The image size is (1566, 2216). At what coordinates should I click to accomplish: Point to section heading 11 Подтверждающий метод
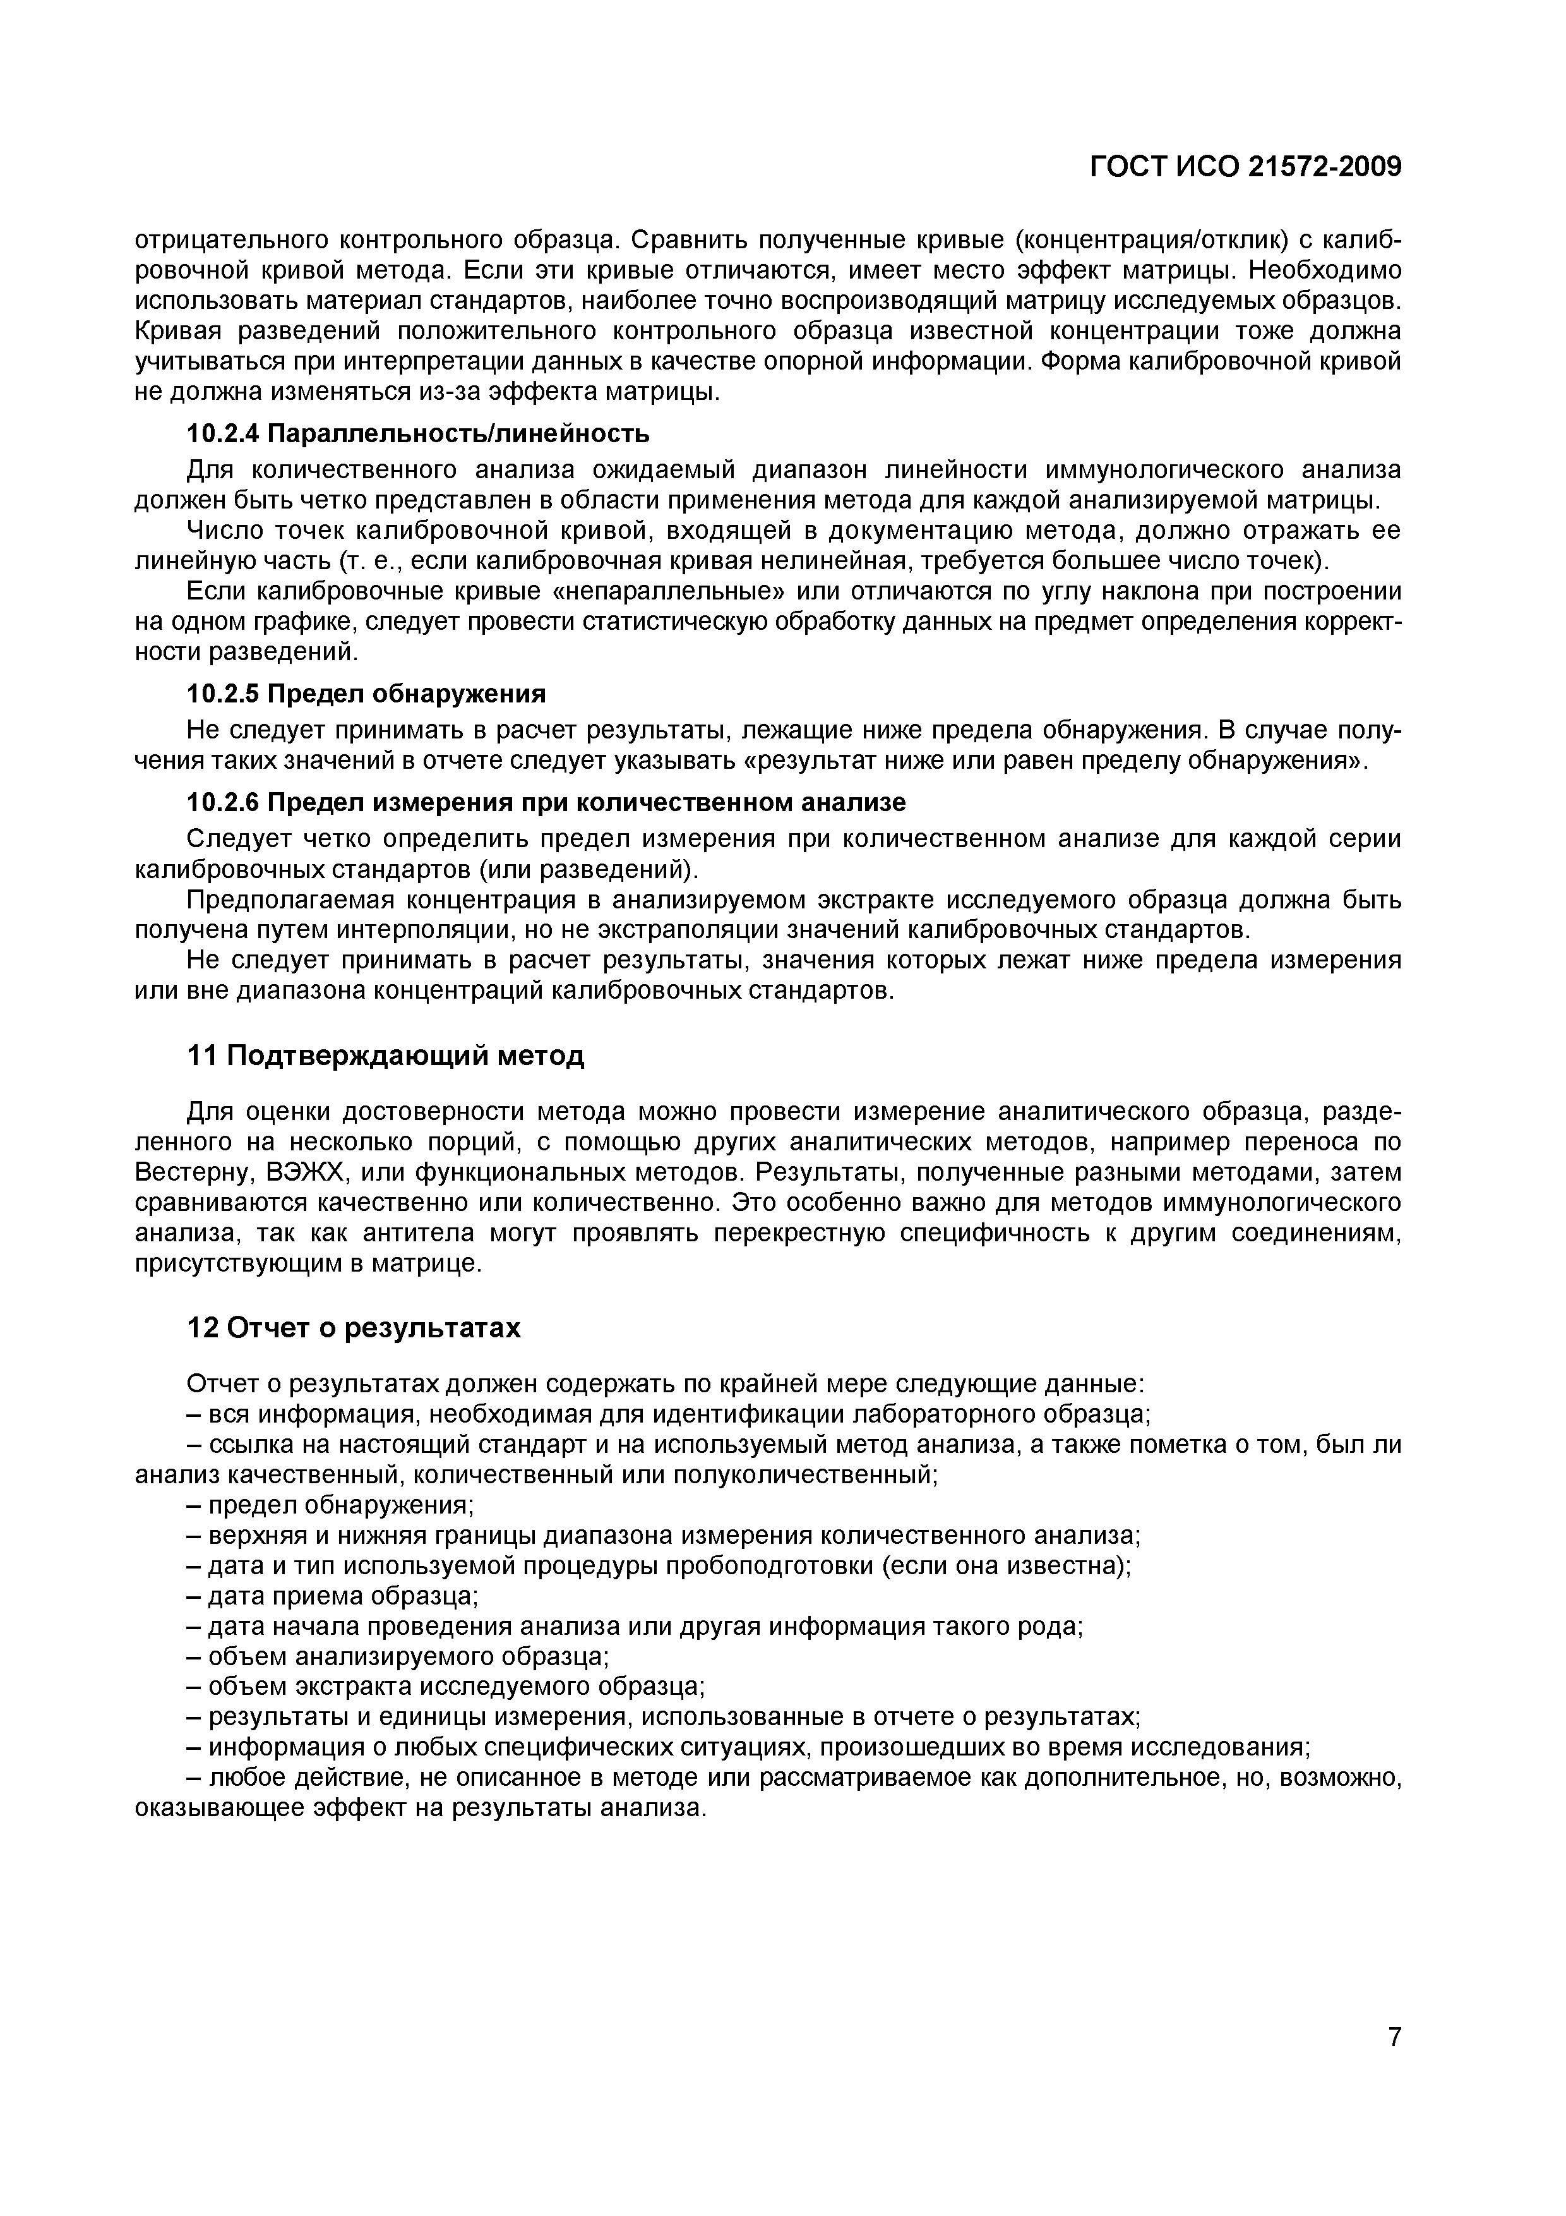coord(385,1056)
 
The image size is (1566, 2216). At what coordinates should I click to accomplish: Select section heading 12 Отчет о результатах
coord(353,1328)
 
